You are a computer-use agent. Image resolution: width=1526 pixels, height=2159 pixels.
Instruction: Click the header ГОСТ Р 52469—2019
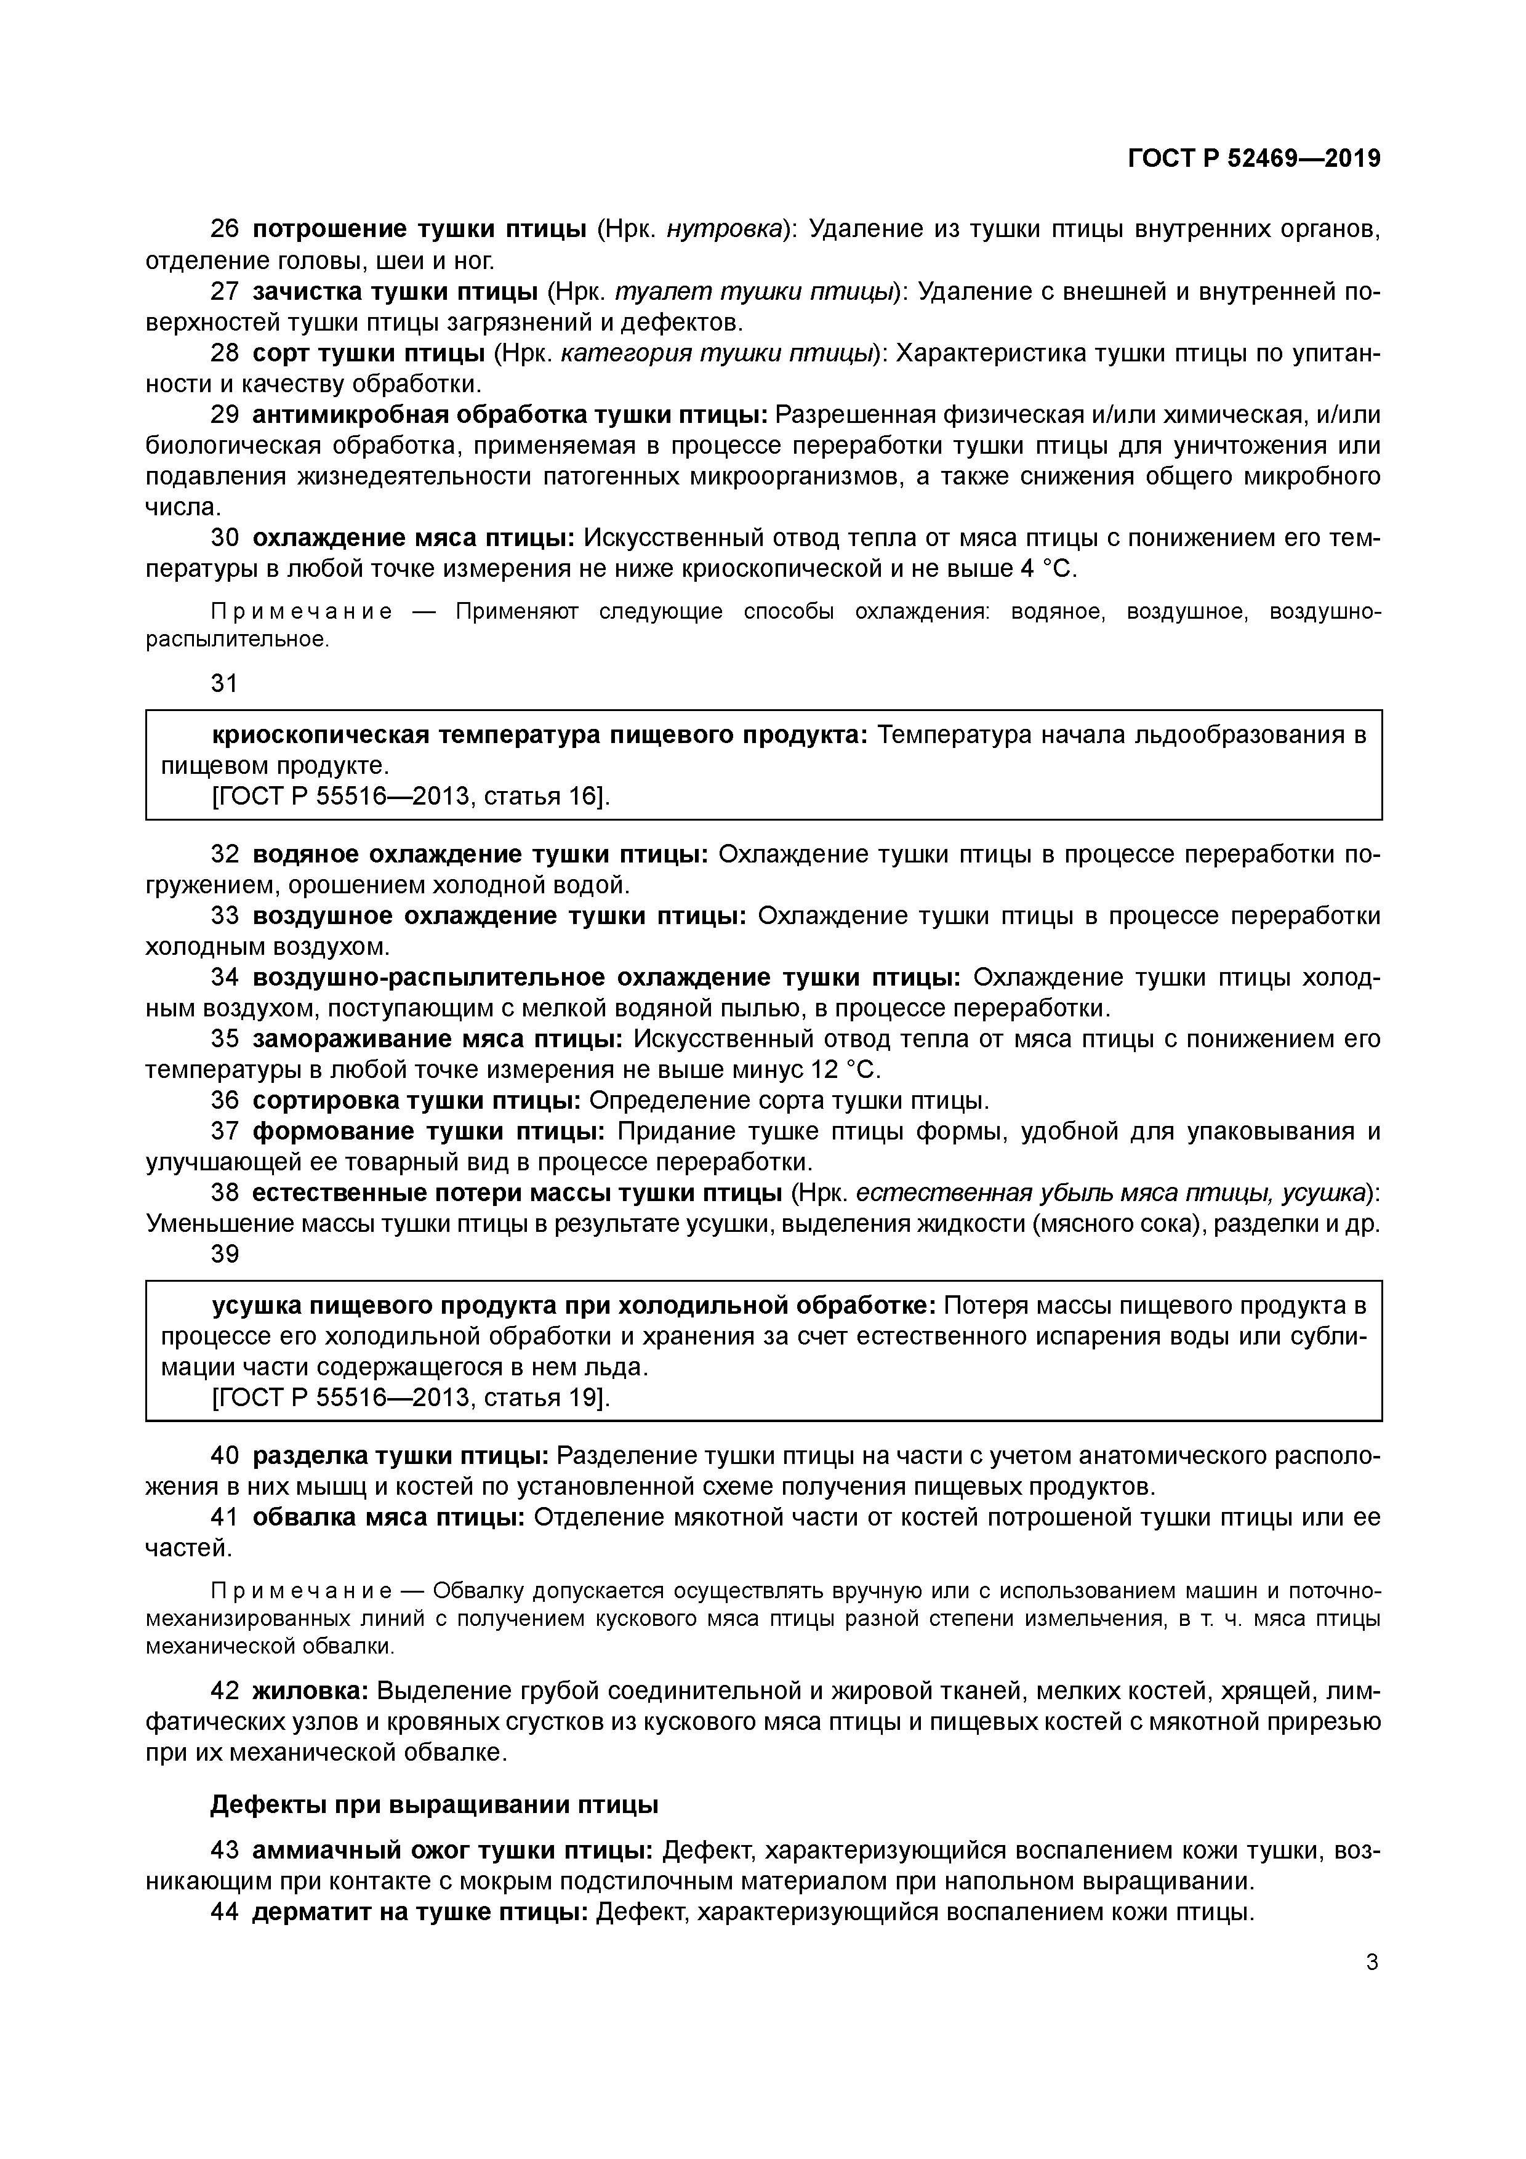(x=1253, y=158)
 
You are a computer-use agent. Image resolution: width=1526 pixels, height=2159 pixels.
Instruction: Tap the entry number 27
(x=225, y=292)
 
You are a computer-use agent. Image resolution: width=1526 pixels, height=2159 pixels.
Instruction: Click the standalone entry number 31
(x=225, y=683)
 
